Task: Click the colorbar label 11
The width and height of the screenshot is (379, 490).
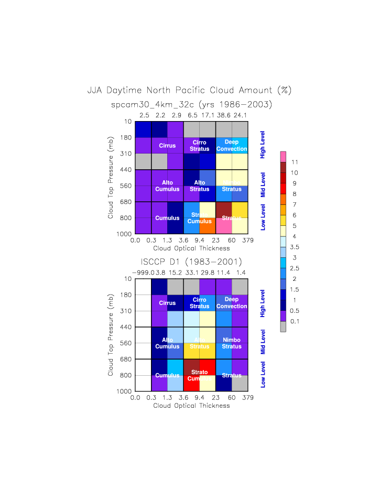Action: click(x=294, y=162)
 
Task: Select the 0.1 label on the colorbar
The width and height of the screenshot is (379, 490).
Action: click(x=295, y=321)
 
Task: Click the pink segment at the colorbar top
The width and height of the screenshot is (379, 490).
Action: click(x=283, y=157)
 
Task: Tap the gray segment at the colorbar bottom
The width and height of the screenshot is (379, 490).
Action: click(x=283, y=326)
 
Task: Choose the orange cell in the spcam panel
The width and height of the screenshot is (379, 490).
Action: click(x=208, y=225)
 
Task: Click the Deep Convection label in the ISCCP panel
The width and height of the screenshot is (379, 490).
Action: click(x=231, y=303)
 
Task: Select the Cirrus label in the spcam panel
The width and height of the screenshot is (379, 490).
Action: click(x=167, y=146)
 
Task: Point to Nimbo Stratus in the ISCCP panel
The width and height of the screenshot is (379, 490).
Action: click(x=231, y=343)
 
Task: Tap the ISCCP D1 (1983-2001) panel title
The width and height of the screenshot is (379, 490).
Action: click(x=191, y=262)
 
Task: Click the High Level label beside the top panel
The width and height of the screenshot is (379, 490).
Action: click(x=263, y=146)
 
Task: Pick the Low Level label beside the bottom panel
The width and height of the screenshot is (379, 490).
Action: click(x=263, y=374)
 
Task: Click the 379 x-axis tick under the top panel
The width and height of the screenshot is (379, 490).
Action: click(x=247, y=241)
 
